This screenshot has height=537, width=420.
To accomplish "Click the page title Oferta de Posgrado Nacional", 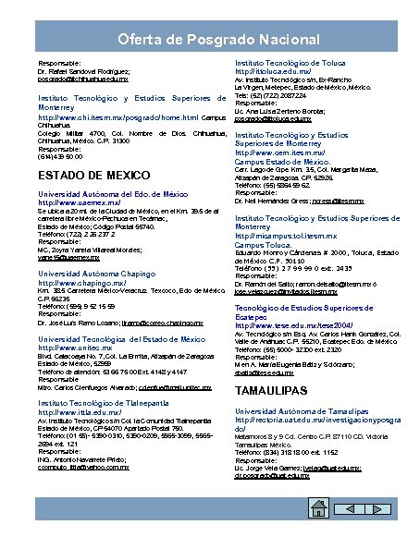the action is click(209, 39).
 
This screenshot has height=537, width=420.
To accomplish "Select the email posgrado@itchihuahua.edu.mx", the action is click(82, 80).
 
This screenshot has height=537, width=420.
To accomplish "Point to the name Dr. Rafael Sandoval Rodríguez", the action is click(80, 71).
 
